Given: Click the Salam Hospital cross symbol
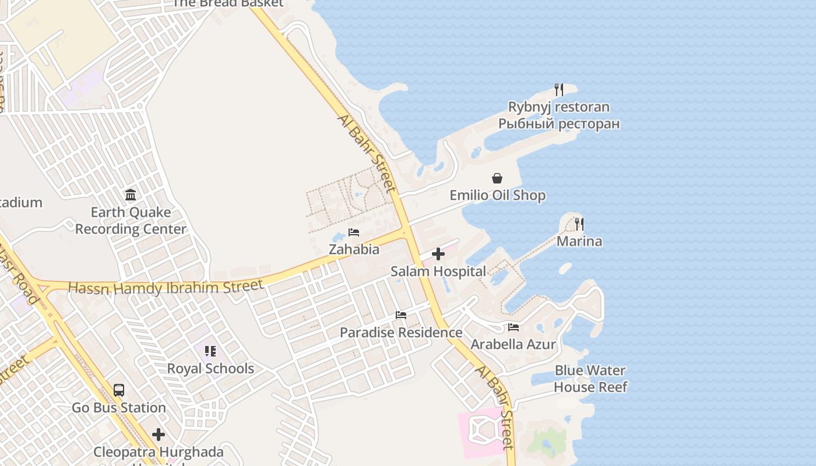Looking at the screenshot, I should [x=438, y=254].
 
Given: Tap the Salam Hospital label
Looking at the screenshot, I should [x=438, y=271].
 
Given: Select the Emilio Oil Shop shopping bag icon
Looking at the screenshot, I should [x=497, y=178].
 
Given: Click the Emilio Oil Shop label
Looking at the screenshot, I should [x=498, y=196].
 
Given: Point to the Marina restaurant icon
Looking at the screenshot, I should [x=579, y=224].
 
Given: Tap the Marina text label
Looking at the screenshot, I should [x=579, y=241].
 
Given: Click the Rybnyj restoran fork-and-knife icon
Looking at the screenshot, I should [x=558, y=90].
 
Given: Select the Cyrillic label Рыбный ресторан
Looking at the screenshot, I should [x=558, y=123].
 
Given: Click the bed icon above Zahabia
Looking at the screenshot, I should [x=354, y=232].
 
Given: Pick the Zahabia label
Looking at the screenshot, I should [x=354, y=249].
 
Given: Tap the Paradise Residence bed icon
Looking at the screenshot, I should [x=401, y=315].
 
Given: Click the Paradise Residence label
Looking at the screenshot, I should [x=401, y=333].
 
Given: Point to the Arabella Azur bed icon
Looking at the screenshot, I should [x=513, y=327].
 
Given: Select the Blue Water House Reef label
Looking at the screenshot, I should [x=590, y=379].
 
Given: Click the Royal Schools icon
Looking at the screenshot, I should [x=210, y=351].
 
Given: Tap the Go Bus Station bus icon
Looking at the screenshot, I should [x=119, y=390].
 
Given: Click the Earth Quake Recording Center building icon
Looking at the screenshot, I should [x=131, y=195].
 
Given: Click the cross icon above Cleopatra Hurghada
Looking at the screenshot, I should [x=159, y=435].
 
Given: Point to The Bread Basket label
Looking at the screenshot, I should [x=228, y=3].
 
